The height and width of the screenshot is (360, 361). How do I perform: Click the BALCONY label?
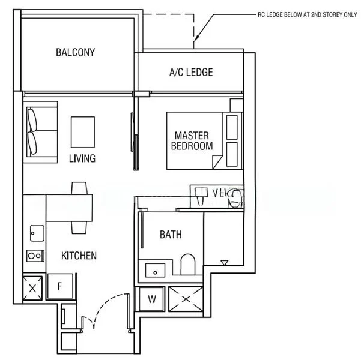coord(75,52)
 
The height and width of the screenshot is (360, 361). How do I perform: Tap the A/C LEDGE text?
coord(190,73)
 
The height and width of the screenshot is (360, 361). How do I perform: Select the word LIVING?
coord(82,158)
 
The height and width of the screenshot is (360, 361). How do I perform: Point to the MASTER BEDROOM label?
coord(192,140)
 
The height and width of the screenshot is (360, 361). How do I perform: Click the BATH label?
coord(171,235)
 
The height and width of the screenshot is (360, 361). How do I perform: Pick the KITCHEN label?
coord(79,256)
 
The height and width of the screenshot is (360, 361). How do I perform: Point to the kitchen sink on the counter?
coord(34,232)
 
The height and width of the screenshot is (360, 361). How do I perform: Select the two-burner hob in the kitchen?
coord(34,256)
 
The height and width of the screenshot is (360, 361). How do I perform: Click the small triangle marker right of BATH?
coord(225,262)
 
